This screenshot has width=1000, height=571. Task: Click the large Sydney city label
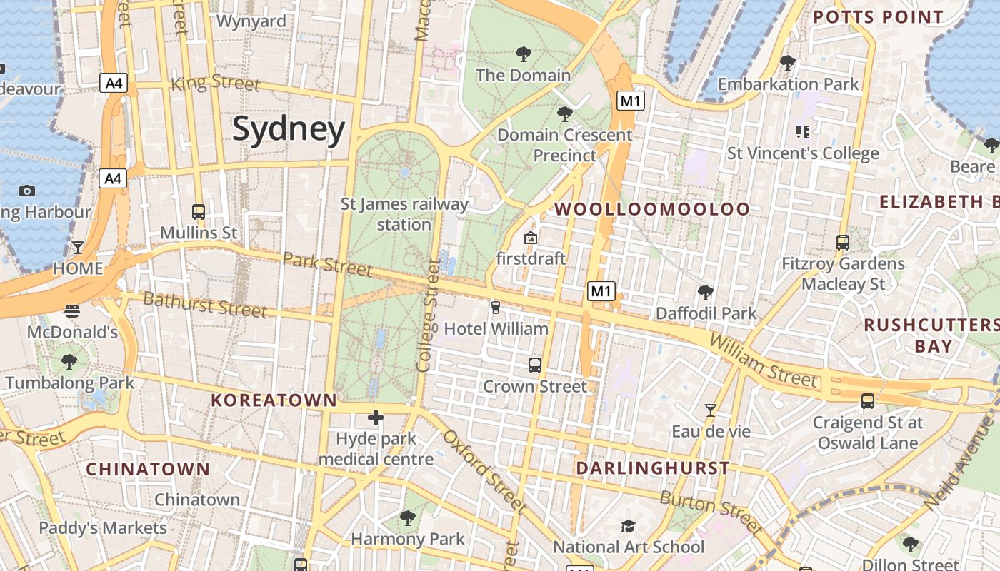coord(289,130)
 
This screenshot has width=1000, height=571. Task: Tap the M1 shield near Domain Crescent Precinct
coord(631,101)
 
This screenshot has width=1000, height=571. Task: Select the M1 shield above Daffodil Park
coord(601,290)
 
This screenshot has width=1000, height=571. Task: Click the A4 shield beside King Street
coord(114,83)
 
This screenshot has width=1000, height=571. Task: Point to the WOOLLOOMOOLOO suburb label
coord(652,209)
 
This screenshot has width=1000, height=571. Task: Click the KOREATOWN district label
coord(274,400)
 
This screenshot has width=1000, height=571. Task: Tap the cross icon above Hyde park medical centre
coord(376,418)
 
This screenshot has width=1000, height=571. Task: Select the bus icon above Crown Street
coord(535,365)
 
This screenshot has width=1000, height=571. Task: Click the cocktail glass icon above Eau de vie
coord(711,410)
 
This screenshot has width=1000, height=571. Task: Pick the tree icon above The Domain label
coord(524,54)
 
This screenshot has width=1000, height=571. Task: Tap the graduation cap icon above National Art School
coord(629,527)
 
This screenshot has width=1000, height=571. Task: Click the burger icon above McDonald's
coord(72,311)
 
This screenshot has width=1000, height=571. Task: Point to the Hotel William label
coord(496,329)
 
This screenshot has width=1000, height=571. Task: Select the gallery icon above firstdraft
coord(531,238)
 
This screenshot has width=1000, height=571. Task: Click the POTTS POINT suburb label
coord(878,17)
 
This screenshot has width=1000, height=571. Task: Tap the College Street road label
coord(427,315)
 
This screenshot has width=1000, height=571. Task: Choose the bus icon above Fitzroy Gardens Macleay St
coord(843,243)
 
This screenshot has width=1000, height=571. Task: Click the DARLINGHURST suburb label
coord(653,468)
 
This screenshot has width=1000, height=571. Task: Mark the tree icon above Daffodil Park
coord(706,292)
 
